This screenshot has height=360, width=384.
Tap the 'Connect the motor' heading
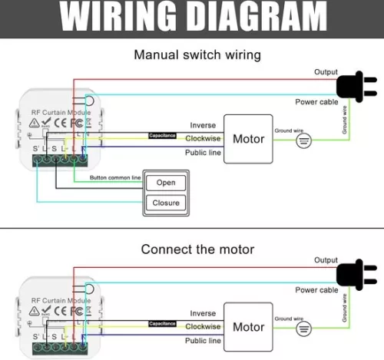coord(197,249)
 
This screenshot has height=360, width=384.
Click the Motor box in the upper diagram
coord(248,139)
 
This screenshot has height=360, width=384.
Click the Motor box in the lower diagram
coord(248,327)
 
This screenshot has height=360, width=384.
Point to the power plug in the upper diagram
coord(356,87)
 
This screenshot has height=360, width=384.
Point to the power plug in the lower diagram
coord(356,275)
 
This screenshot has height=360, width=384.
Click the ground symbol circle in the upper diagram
coord(303,140)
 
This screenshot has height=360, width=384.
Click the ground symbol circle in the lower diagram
coord(303,328)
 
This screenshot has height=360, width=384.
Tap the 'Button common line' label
coord(115,177)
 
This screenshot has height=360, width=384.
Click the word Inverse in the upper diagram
coord(203,125)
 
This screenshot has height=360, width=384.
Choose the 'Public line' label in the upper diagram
coord(203,152)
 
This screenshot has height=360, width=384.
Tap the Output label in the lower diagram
coord(326,260)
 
